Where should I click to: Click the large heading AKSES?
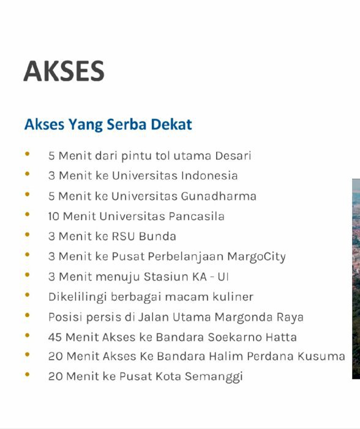(x=64, y=72)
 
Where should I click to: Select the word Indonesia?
(x=209, y=176)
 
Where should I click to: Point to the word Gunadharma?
(x=219, y=196)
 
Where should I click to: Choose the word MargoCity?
(x=257, y=257)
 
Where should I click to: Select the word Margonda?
(x=248, y=317)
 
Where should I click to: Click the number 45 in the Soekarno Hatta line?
(x=55, y=338)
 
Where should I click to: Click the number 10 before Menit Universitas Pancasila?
(x=54, y=216)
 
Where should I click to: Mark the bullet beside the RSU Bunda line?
(x=28, y=235)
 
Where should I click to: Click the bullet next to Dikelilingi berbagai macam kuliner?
(x=28, y=296)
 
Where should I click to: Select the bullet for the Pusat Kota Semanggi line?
(x=28, y=375)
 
